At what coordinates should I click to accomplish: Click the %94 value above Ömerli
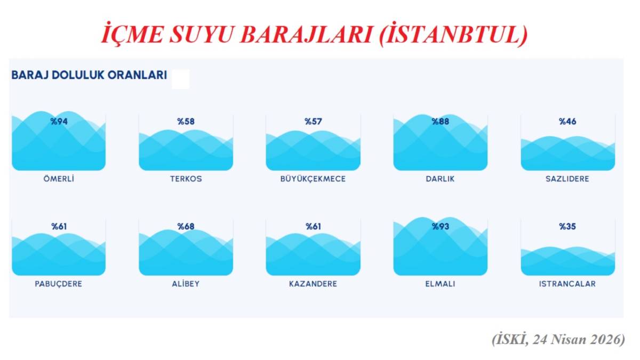(59, 122)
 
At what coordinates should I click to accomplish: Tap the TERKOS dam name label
(186, 179)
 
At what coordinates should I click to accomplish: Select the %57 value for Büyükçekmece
(313, 122)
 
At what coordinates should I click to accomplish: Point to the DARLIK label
(440, 179)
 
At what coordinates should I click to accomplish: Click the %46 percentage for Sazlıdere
(567, 122)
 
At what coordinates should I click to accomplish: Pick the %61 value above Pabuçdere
(59, 227)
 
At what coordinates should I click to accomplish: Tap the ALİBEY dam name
(186, 284)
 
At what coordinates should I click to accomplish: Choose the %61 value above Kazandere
(313, 227)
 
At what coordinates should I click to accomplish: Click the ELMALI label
(440, 284)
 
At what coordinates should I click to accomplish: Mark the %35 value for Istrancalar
(567, 227)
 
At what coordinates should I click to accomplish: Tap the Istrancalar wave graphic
(567, 261)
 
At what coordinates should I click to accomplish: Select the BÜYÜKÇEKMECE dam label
(313, 179)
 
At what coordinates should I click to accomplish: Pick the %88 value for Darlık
(440, 122)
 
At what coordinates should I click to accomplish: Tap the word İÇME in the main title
(129, 35)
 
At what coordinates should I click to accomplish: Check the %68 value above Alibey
(186, 227)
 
